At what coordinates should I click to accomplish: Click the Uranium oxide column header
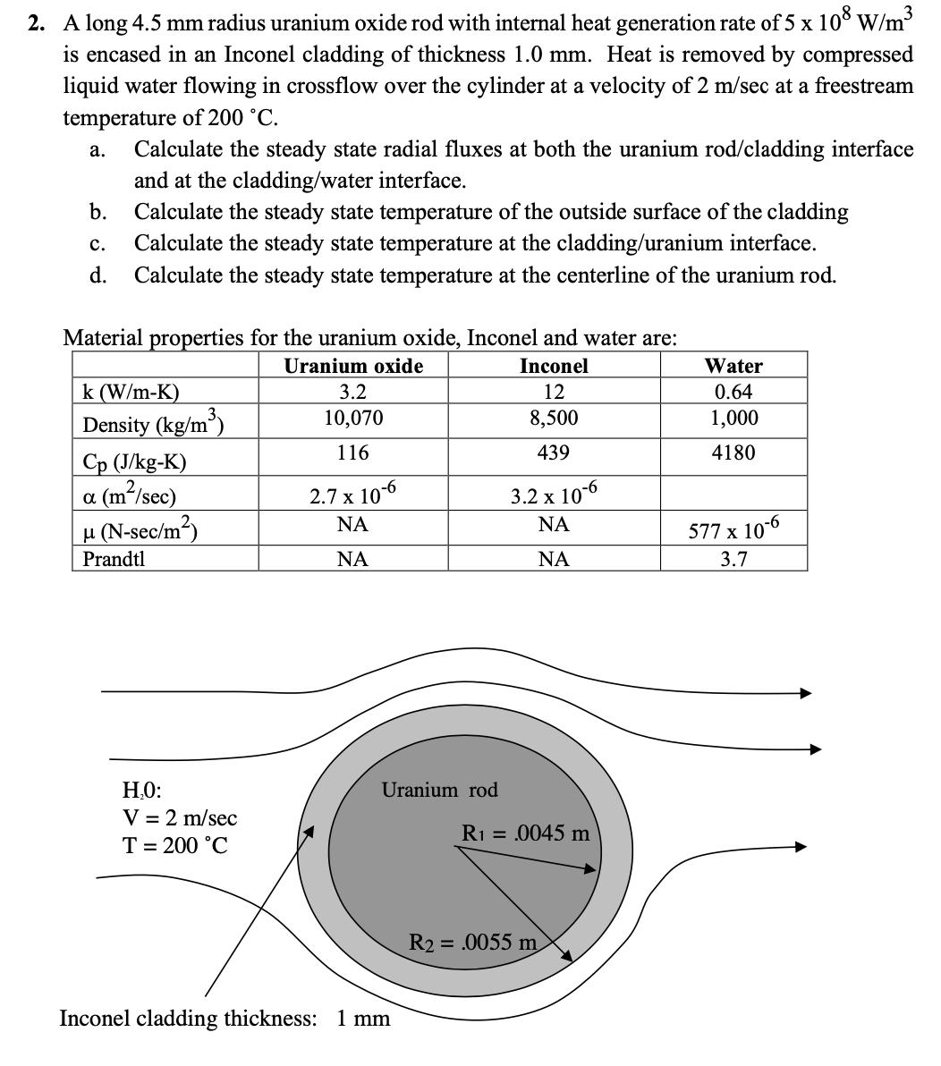click(x=353, y=366)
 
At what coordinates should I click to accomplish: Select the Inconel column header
click(x=554, y=366)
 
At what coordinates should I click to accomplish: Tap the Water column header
click(x=733, y=366)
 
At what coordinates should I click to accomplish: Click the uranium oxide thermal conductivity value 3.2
click(x=353, y=392)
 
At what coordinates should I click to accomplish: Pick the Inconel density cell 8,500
click(x=554, y=418)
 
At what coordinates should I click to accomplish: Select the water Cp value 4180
click(x=733, y=453)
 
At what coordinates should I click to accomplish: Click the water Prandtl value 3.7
click(x=733, y=560)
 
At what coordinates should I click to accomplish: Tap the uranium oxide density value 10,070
click(x=353, y=418)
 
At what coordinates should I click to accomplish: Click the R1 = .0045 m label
click(x=526, y=833)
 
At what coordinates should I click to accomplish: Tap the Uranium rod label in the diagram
click(x=439, y=790)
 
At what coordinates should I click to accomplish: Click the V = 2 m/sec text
click(x=179, y=817)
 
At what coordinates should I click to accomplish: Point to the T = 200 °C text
click(x=174, y=845)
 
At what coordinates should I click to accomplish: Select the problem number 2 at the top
click(x=36, y=24)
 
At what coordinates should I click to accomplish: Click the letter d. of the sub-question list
click(x=98, y=275)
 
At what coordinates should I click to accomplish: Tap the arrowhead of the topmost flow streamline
click(x=805, y=692)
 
